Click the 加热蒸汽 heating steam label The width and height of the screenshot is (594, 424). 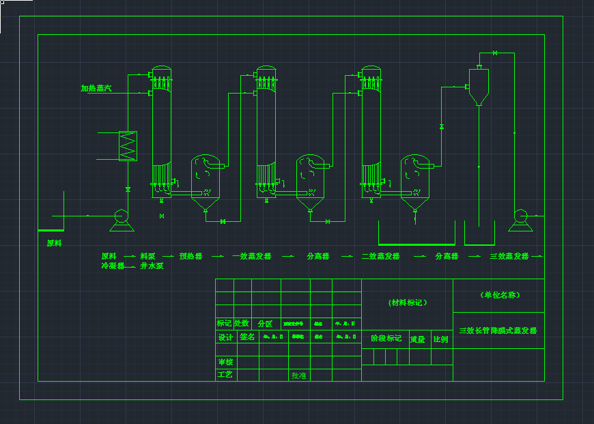click(x=96, y=88)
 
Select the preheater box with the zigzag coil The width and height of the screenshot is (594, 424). click(x=128, y=145)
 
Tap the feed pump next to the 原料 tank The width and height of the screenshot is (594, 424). click(x=121, y=218)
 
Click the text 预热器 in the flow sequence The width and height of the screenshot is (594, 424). click(x=191, y=257)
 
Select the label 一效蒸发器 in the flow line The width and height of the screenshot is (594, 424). click(x=251, y=257)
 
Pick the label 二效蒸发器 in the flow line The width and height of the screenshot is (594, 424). click(x=380, y=257)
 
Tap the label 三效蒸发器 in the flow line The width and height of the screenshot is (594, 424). click(x=509, y=257)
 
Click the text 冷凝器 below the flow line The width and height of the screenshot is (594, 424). click(x=113, y=266)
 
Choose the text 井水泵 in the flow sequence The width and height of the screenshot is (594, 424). click(x=152, y=266)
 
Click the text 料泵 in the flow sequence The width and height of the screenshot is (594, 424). click(x=147, y=257)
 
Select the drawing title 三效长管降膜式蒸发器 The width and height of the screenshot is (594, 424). click(x=498, y=330)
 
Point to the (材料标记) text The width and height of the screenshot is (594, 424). click(x=408, y=302)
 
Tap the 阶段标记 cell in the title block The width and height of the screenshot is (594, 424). click(x=386, y=339)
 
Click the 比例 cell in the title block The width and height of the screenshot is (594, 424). click(x=440, y=339)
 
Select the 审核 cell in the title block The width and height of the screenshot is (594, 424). click(x=225, y=363)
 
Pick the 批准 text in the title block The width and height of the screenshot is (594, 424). click(x=299, y=376)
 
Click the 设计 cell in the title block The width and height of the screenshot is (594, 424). click(x=225, y=337)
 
